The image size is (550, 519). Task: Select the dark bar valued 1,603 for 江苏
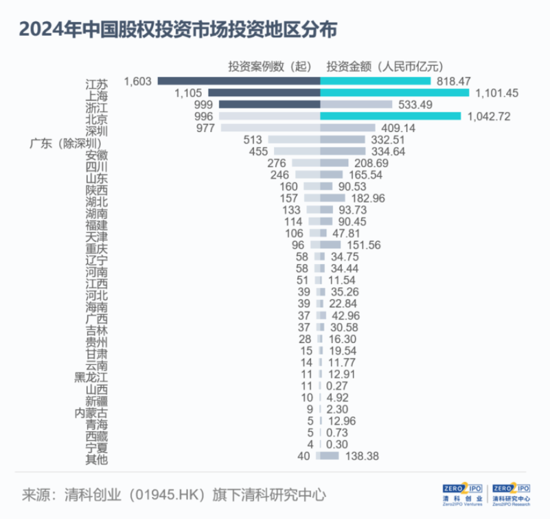click(238, 81)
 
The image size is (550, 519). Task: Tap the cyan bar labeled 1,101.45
click(394, 92)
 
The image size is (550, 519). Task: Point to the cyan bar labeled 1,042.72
click(390, 116)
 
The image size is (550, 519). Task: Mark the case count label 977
click(205, 128)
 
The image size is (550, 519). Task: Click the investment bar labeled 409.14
click(348, 128)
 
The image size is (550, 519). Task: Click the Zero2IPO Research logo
click(511, 493)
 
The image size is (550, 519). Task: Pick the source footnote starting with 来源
click(173, 493)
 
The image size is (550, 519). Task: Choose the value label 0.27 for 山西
click(337, 385)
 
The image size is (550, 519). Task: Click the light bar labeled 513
click(294, 139)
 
